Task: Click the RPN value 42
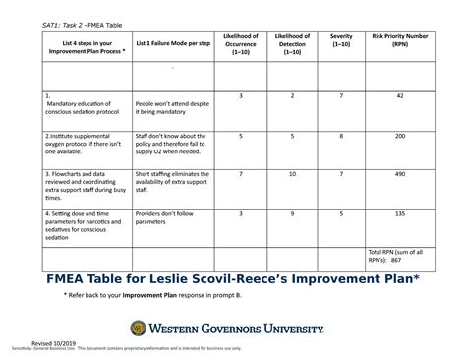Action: point(400,96)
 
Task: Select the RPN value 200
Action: point(400,137)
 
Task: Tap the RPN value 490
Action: point(400,174)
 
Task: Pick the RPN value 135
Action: point(400,212)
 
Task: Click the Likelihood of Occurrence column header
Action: point(241,44)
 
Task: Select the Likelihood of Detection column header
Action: point(292,44)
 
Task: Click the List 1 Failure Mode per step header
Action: point(174,44)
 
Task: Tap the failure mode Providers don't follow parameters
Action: point(165,216)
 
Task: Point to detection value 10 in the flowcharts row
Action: point(292,174)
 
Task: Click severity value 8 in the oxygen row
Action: point(341,137)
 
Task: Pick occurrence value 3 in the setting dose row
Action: point(241,212)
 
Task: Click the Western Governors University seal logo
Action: point(139,328)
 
